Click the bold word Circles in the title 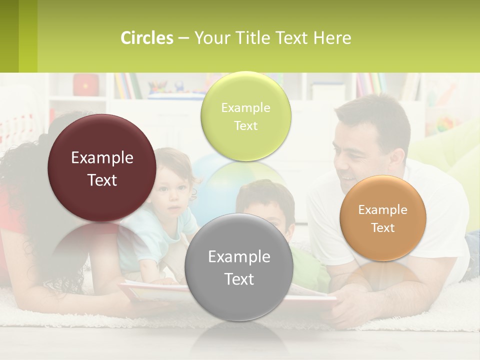(147, 38)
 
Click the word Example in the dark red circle (102, 158)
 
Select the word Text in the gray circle (239, 279)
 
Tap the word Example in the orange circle (382, 210)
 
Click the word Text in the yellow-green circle (245, 126)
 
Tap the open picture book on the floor (150, 290)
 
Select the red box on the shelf (85, 85)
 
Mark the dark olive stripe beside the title (9, 36)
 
